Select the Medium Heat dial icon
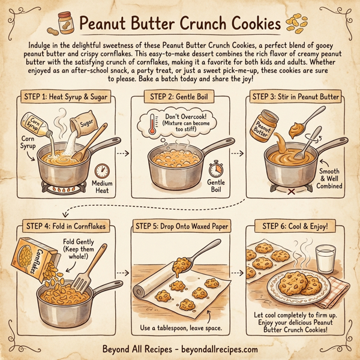tap(101, 171)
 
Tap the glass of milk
tap(325, 259)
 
